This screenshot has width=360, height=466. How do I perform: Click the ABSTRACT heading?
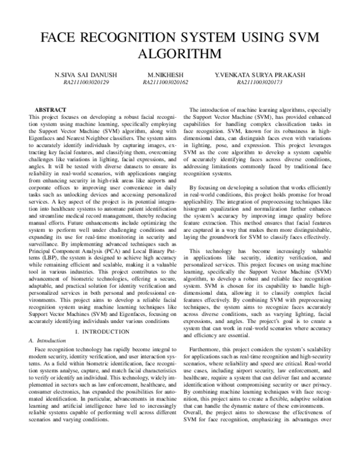(x=50, y=110)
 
